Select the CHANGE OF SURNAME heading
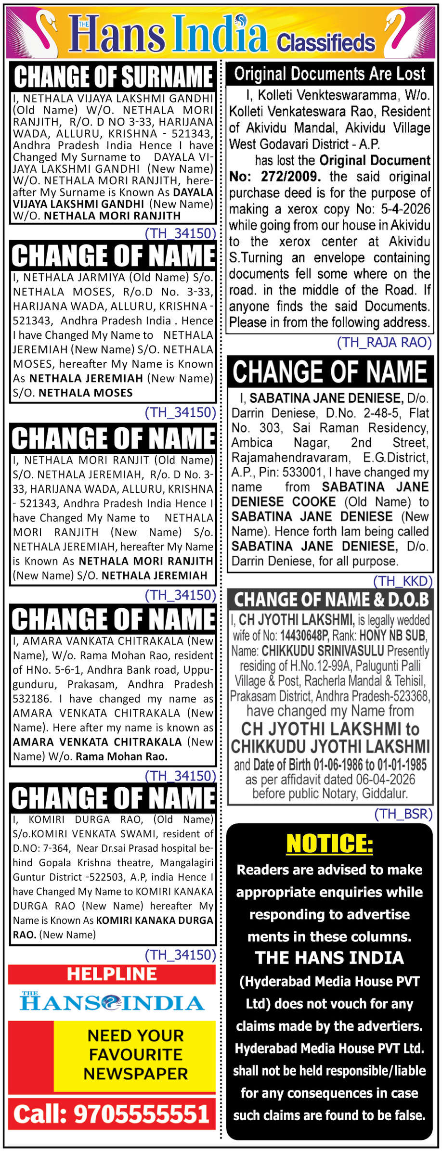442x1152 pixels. pyautogui.click(x=113, y=77)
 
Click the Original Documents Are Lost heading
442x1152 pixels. pyautogui.click(x=330, y=74)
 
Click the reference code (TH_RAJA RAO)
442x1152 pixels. pyautogui.click(x=384, y=342)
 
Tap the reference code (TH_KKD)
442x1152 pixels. pyautogui.click(x=403, y=581)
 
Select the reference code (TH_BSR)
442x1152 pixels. pyautogui.click(x=403, y=814)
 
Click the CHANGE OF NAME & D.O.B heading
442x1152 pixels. pyautogui.click(x=331, y=600)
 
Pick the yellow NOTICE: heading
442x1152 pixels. pyautogui.click(x=329, y=844)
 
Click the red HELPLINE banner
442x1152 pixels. pyautogui.click(x=112, y=973)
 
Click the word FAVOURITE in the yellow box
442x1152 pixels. pyautogui.click(x=136, y=1054)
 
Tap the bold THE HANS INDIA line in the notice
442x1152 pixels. pyautogui.click(x=329, y=958)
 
